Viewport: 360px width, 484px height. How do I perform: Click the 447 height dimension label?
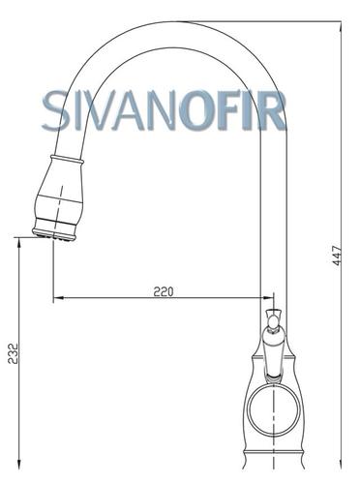337,256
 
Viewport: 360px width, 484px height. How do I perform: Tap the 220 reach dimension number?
164,291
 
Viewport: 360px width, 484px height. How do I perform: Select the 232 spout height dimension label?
14,353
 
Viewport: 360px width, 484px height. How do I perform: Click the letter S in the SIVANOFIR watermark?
55,110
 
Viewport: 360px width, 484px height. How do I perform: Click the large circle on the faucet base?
274,409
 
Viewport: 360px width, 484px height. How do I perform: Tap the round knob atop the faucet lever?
274,321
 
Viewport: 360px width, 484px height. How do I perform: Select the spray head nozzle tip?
54,235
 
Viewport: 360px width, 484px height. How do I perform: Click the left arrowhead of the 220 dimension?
58,297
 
